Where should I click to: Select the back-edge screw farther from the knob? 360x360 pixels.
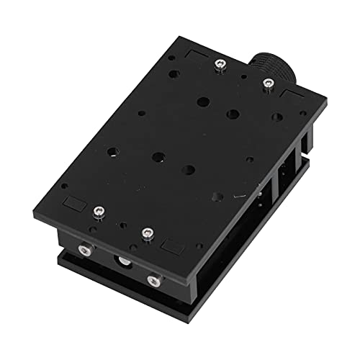pos(217,66)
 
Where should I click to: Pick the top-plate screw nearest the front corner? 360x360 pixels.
pos(148,233)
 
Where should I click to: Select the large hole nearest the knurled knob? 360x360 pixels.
pos(233,113)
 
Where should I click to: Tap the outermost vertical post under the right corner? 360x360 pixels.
pos(310,144)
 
